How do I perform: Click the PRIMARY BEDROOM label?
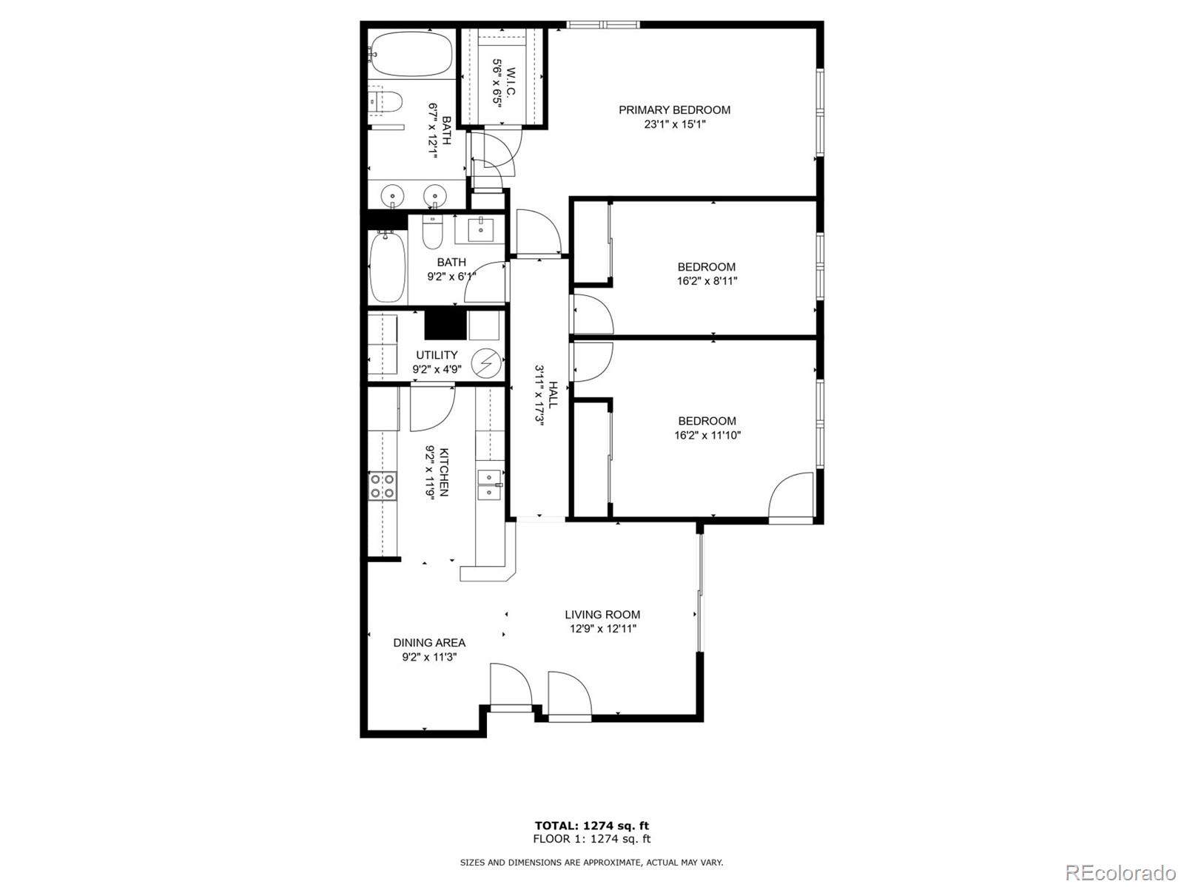[674, 109]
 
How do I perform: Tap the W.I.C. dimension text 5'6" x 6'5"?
[498, 84]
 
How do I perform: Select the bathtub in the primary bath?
[411, 54]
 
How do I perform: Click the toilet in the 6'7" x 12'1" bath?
[385, 101]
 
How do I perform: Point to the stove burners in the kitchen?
[383, 486]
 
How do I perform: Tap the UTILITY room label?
[437, 355]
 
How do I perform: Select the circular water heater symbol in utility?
[486, 362]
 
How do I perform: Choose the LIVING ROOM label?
[602, 614]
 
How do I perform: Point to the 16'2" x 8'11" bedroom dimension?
[707, 281]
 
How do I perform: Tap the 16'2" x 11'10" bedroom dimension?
[707, 435]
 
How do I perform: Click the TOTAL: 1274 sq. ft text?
[592, 825]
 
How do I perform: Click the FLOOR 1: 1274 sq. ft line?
[592, 838]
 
